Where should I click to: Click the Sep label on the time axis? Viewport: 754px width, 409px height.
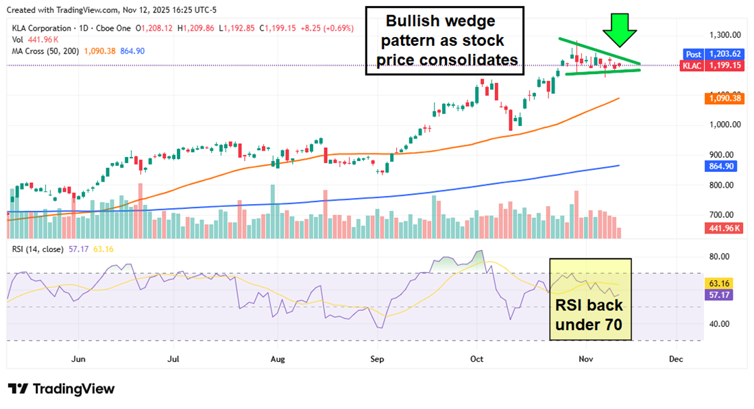click(x=376, y=358)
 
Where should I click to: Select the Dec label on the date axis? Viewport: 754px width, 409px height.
click(x=675, y=358)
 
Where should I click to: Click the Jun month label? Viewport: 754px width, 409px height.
click(x=78, y=358)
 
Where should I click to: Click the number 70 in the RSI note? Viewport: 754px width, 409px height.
click(x=611, y=325)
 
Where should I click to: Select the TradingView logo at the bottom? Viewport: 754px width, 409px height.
click(x=61, y=388)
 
